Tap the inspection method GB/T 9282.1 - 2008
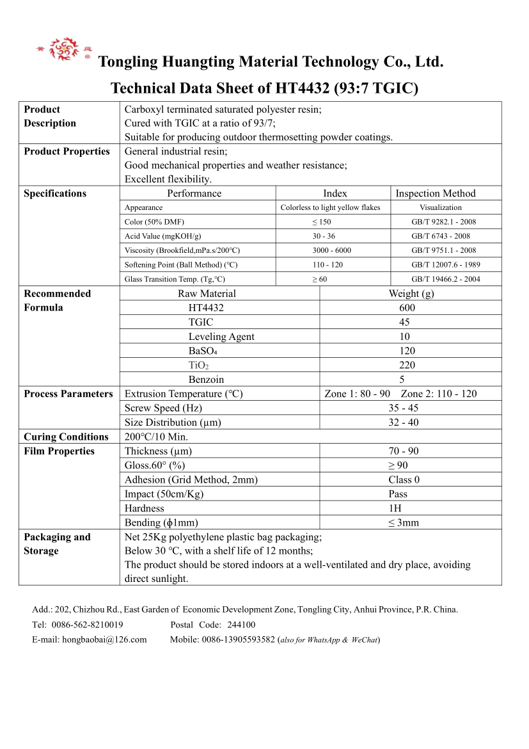click(x=444, y=222)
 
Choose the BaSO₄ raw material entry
click(x=203, y=351)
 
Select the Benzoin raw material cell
click(x=206, y=380)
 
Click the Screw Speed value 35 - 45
click(x=404, y=408)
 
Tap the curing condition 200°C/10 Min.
click(x=156, y=437)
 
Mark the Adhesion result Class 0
click(x=404, y=480)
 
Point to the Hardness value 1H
click(x=404, y=508)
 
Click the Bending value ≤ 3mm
click(x=404, y=523)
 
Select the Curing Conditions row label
click(x=66, y=437)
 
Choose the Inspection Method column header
click(x=436, y=193)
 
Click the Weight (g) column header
click(x=411, y=294)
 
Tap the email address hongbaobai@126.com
click(x=104, y=640)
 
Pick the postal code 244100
click(x=241, y=625)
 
